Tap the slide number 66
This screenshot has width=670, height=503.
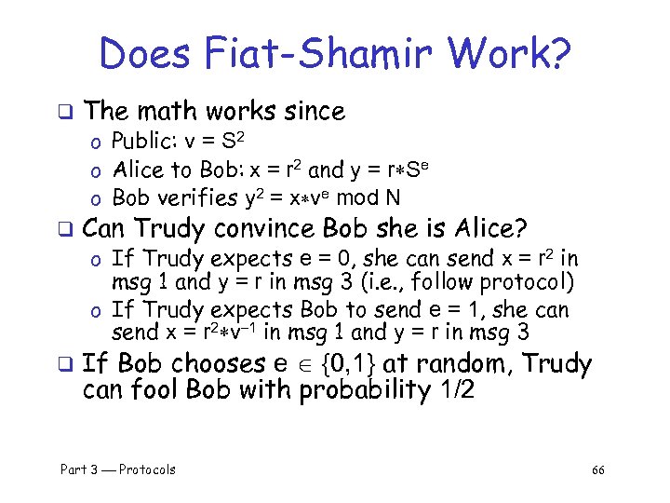(597, 469)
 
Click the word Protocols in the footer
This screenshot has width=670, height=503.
(147, 469)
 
